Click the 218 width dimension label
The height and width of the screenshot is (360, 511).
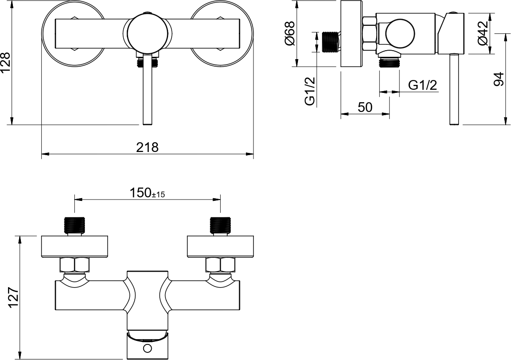(147, 147)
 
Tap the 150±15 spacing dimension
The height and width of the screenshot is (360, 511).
(147, 193)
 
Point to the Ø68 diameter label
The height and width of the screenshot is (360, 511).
(290, 33)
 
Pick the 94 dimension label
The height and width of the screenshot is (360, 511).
(499, 79)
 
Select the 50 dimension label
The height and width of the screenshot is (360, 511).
(365, 107)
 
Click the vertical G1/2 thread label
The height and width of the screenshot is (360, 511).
(310, 92)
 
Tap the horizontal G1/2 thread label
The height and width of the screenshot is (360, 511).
(422, 85)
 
